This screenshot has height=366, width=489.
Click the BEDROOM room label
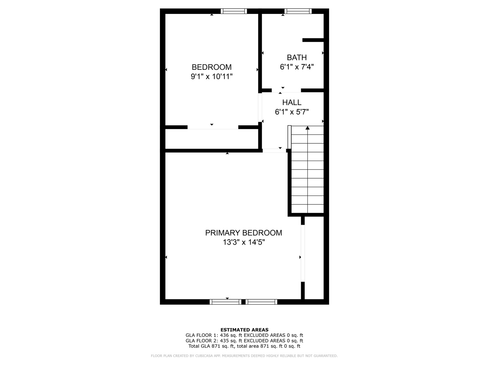(212, 67)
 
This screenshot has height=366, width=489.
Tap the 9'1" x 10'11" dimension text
(212, 77)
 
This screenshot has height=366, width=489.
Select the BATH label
(296, 58)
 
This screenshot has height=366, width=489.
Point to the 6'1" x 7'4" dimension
(296, 67)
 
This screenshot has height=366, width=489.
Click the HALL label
(292, 102)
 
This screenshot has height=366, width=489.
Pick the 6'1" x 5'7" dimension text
(292, 112)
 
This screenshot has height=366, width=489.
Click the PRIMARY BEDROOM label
(243, 233)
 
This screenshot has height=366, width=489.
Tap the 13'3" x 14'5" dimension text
(243, 242)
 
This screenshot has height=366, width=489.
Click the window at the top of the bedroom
(234, 11)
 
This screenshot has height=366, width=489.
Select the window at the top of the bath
(298, 11)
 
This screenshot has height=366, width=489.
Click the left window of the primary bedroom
(225, 302)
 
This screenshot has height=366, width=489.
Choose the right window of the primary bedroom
(261, 302)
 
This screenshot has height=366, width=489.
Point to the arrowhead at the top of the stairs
(308, 128)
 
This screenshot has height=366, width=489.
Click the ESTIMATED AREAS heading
(244, 330)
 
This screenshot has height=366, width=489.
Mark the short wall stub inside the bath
(313, 40)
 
